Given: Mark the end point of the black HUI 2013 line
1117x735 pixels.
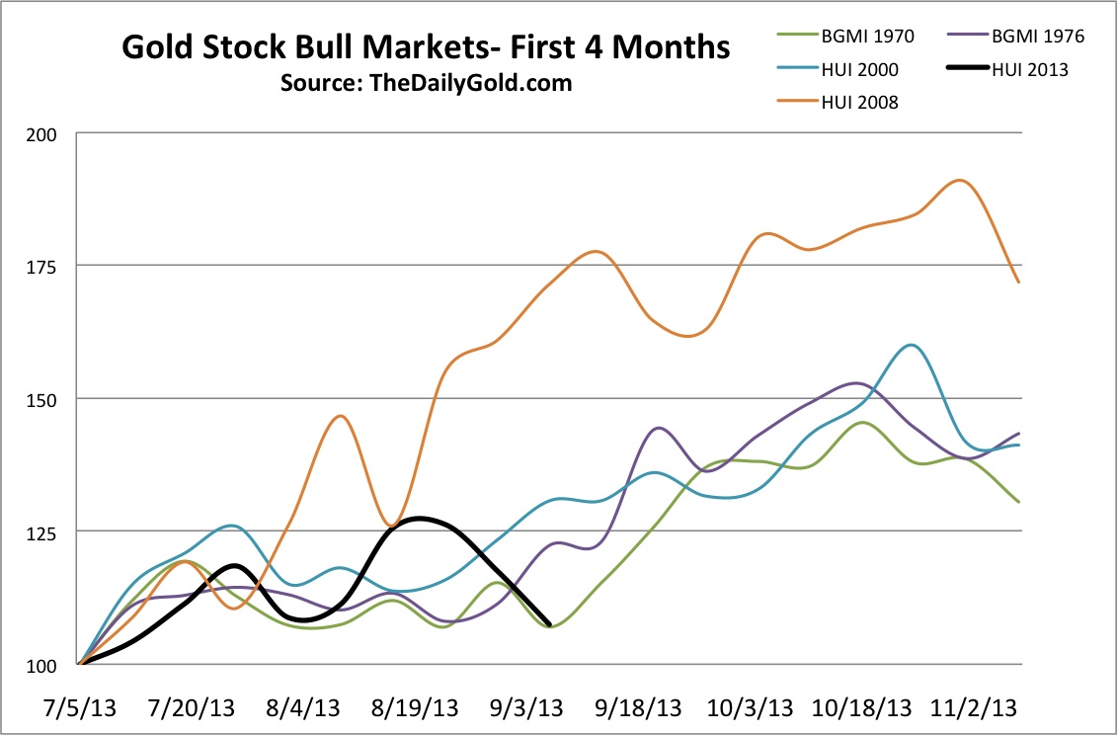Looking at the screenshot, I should [x=549, y=624].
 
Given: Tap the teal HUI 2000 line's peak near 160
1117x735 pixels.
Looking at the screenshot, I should [x=911, y=345].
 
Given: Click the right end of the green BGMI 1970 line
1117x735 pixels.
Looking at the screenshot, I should [x=1019, y=502].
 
